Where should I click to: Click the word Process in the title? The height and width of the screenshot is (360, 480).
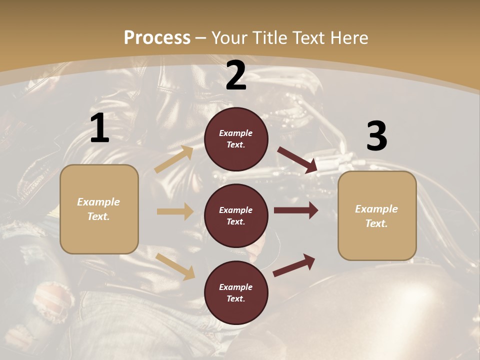[157, 37]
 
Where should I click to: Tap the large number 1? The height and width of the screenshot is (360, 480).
[99, 128]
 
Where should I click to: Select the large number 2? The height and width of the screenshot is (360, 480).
[236, 75]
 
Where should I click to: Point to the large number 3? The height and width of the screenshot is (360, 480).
[376, 136]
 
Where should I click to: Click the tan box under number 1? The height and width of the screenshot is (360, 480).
[99, 209]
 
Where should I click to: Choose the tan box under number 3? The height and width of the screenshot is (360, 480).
[377, 215]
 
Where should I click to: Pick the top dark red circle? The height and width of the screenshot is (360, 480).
[236, 139]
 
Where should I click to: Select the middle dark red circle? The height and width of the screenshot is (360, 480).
[236, 215]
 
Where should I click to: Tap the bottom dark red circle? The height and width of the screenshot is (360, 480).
[236, 292]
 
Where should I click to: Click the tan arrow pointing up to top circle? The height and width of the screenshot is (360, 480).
[174, 159]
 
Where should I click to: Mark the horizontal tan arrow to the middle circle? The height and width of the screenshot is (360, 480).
[175, 211]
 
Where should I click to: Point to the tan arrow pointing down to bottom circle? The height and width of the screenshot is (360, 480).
[175, 266]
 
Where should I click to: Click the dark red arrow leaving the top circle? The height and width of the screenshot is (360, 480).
[297, 160]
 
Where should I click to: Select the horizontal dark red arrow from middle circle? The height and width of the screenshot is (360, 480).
[295, 210]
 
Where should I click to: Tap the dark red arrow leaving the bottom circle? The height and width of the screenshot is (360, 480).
[294, 265]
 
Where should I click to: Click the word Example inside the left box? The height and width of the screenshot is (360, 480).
[98, 202]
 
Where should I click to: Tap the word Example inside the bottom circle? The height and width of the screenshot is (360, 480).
[236, 287]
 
